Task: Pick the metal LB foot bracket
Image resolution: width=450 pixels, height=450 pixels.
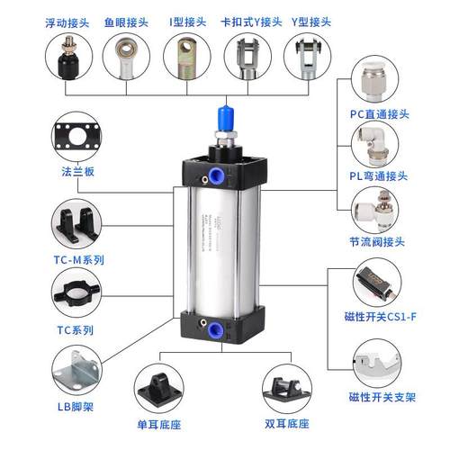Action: click(75, 371)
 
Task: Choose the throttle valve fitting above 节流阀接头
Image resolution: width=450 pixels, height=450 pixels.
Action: click(379, 208)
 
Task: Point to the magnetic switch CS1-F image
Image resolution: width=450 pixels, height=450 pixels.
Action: click(379, 283)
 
